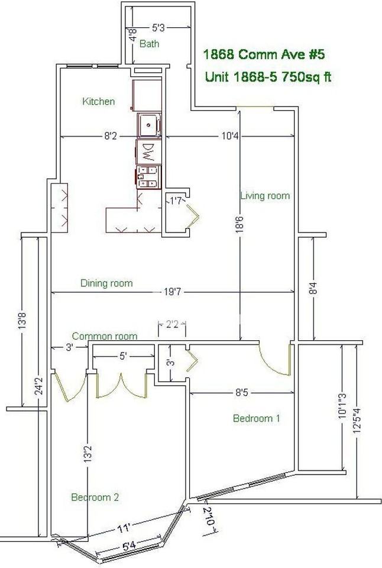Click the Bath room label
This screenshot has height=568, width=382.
pyautogui.click(x=149, y=44)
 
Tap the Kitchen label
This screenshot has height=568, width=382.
pyautogui.click(x=99, y=101)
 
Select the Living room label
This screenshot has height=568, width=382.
pyautogui.click(x=265, y=196)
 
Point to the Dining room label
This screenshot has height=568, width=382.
pyautogui.click(x=106, y=283)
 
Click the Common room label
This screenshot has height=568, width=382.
pyautogui.click(x=105, y=336)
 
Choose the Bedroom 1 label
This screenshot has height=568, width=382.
pyautogui.click(x=257, y=418)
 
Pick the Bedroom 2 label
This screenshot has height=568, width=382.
pyautogui.click(x=95, y=497)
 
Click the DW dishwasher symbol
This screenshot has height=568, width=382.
pyautogui.click(x=148, y=152)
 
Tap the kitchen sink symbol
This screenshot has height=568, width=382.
pyautogui.click(x=149, y=125)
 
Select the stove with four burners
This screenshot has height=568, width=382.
pyautogui.click(x=148, y=177)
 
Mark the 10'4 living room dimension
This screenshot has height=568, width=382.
pyautogui.click(x=229, y=136)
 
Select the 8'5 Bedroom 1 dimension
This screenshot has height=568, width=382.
pyautogui.click(x=242, y=392)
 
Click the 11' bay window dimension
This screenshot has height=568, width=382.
pyautogui.click(x=124, y=528)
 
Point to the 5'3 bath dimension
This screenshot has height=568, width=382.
pyautogui.click(x=158, y=27)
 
